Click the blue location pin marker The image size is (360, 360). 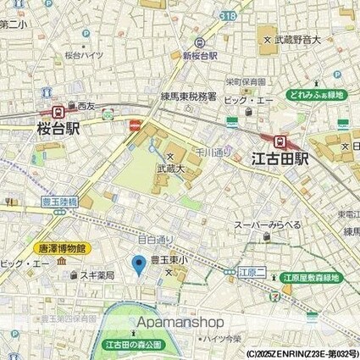(140, 267)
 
